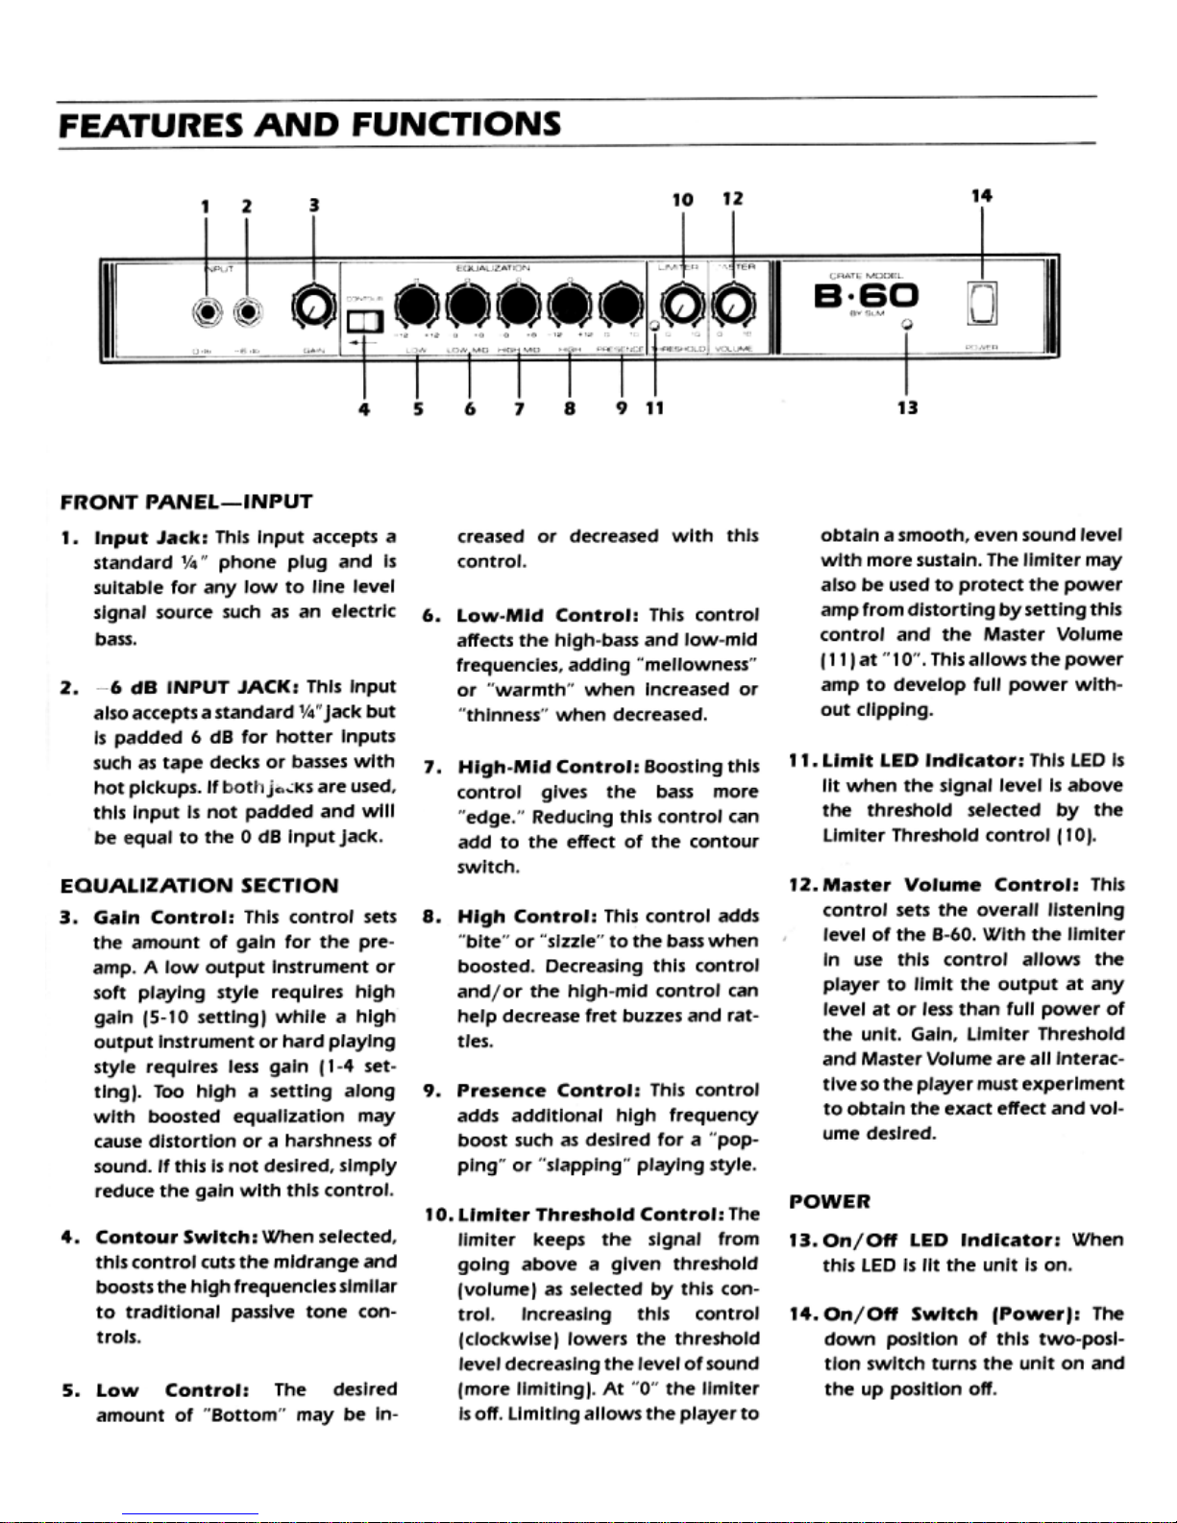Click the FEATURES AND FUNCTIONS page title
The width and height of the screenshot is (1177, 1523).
309,125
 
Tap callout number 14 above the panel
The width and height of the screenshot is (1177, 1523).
981,196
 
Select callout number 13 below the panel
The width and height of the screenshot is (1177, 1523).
907,407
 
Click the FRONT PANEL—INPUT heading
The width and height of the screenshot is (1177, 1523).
186,502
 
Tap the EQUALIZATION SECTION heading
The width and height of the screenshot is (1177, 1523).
199,885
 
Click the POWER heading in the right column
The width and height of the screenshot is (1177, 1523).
829,1201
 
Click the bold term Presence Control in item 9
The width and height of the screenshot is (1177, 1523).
548,1091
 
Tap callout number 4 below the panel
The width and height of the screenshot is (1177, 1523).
363,408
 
